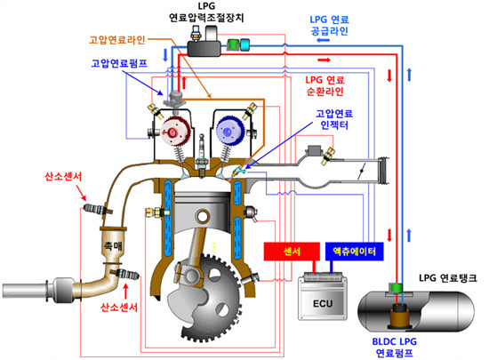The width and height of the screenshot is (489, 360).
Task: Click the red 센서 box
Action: (292, 252)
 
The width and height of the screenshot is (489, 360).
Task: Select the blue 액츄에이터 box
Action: (354, 252)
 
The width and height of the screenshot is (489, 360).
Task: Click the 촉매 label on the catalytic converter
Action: (113, 246)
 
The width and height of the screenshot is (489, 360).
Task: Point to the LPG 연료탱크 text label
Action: (448, 277)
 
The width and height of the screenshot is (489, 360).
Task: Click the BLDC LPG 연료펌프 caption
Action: (395, 348)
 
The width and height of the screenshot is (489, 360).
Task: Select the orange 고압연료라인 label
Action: (117, 40)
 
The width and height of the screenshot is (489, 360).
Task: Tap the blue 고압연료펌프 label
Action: (119, 63)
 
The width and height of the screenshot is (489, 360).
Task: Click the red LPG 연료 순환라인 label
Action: (325, 85)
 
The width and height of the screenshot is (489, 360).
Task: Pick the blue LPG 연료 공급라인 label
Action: (329, 25)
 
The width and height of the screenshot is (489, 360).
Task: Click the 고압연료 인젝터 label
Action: (334, 119)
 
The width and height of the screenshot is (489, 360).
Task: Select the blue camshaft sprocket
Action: (230, 132)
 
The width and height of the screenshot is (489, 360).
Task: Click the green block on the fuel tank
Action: (395, 288)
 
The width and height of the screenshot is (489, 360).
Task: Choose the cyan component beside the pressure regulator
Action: (244, 44)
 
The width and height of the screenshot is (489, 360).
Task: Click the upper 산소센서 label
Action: (63, 177)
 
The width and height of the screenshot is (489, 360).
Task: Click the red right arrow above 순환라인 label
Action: (324, 60)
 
